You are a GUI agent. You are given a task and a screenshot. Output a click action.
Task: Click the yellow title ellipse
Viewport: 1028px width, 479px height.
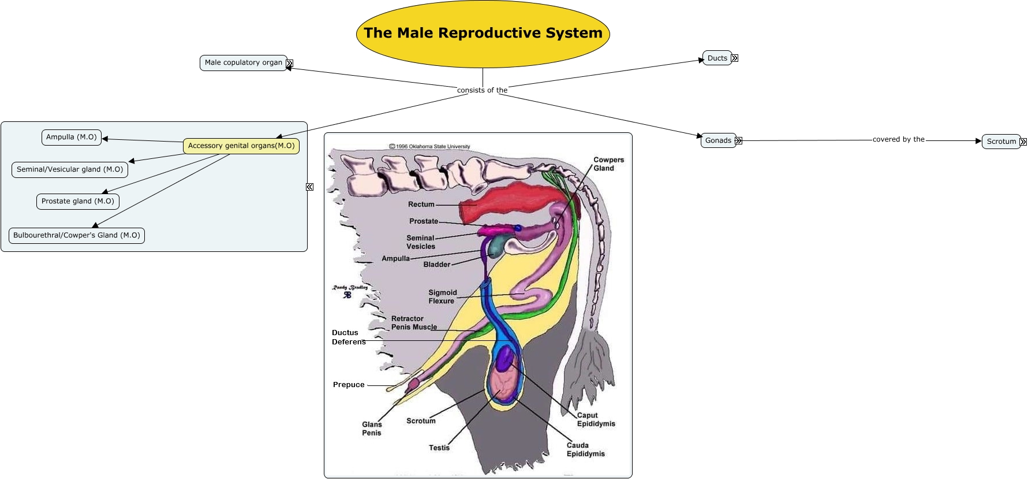point(483,34)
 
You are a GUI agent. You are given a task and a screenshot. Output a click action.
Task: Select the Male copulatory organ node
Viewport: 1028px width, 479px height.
point(243,62)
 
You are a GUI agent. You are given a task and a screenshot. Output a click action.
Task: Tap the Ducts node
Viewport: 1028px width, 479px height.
point(717,58)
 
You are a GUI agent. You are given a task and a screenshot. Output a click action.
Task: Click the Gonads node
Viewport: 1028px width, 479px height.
point(717,140)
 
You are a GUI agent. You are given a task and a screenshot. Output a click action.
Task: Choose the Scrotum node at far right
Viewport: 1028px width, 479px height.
point(1001,141)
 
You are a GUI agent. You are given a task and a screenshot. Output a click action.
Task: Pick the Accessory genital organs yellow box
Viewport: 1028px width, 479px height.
point(241,146)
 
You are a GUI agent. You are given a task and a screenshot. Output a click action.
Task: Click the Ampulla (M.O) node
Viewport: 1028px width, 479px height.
point(71,137)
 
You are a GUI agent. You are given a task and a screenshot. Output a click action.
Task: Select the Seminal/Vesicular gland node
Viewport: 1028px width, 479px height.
point(69,169)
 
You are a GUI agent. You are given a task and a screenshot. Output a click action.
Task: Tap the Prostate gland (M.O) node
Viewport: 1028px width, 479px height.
point(77,201)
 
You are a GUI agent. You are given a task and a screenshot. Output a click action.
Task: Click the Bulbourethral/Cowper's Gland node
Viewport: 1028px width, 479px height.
point(76,235)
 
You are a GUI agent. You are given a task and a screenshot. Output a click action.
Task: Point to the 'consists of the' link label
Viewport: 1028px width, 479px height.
point(482,90)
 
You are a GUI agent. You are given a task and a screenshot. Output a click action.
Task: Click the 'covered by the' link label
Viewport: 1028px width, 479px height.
point(898,139)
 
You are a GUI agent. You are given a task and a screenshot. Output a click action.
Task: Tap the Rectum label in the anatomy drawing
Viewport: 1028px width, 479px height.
point(421,205)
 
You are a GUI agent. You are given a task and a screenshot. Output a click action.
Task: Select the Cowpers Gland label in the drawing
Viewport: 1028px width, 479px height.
point(608,164)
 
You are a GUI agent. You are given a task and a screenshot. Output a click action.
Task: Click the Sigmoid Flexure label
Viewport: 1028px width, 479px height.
point(442,296)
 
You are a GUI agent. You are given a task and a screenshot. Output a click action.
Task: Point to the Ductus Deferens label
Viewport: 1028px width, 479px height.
point(347,337)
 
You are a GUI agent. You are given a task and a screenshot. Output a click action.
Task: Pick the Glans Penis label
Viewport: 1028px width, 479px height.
point(372,429)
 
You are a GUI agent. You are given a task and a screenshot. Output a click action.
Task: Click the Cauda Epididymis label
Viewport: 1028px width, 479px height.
point(585,450)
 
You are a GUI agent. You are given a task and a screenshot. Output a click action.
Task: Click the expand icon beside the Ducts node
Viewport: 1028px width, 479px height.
point(735,58)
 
